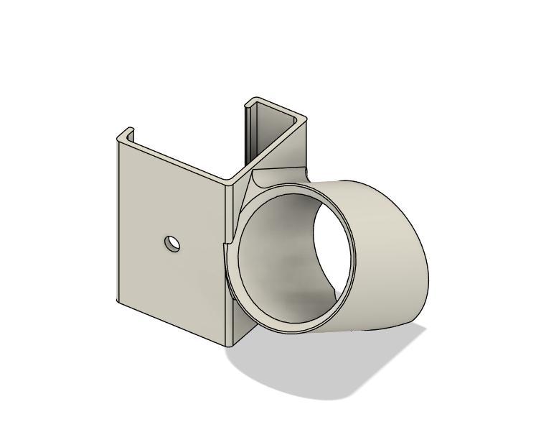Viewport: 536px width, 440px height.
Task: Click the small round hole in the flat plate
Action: (x=172, y=244)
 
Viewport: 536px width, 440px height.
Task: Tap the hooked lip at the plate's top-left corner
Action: (x=126, y=134)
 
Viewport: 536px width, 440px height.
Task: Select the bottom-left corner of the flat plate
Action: (x=119, y=303)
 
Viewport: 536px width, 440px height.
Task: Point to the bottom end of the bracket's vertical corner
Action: (x=231, y=341)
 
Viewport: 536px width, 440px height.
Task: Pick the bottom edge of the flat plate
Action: (x=172, y=323)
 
